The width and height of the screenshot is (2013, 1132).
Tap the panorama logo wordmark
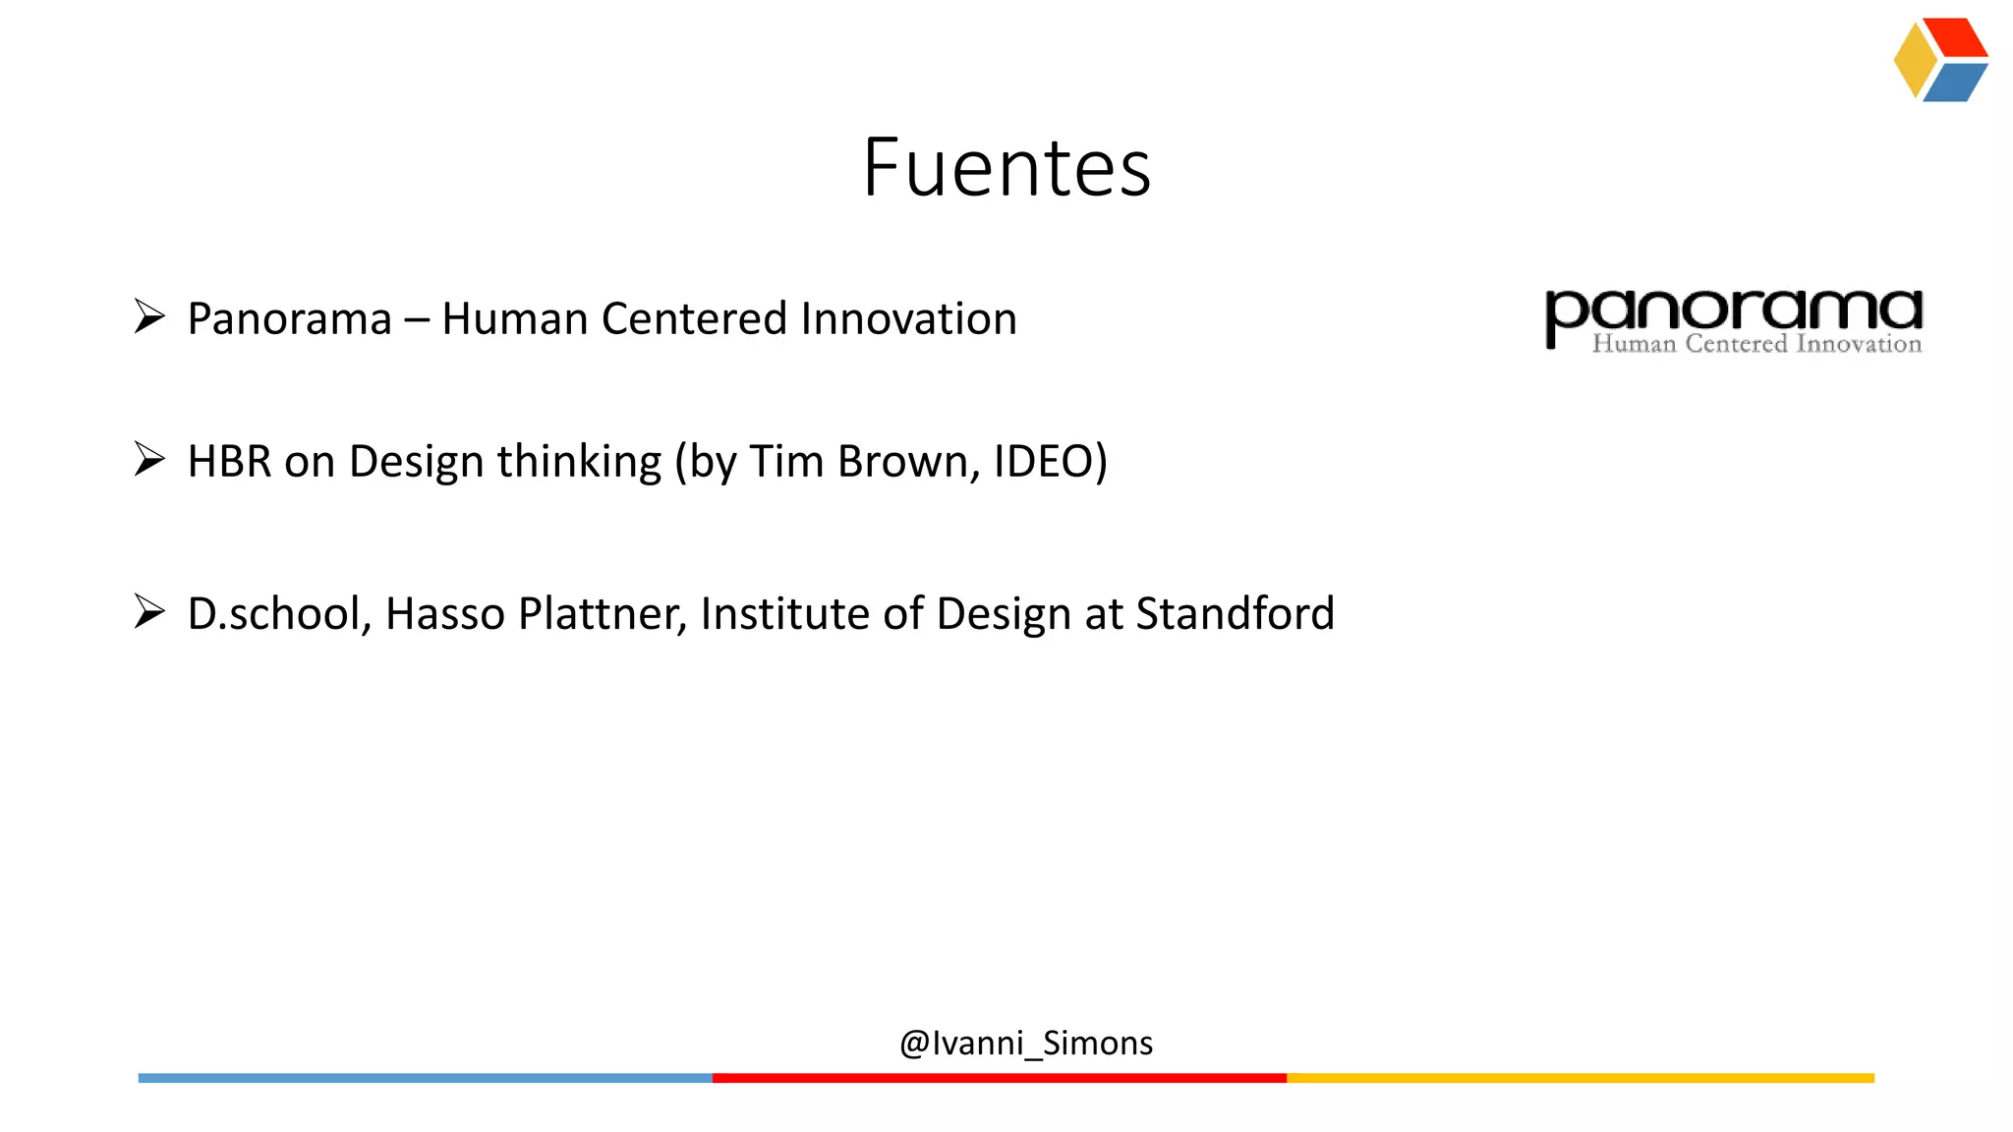click(1734, 312)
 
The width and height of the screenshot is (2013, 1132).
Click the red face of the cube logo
click(1956, 37)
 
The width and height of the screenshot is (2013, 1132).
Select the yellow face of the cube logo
click(1914, 60)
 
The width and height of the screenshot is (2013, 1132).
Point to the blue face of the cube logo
click(1955, 83)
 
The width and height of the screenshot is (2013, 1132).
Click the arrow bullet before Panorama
click(149, 316)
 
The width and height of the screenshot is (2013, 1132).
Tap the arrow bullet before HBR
click(149, 459)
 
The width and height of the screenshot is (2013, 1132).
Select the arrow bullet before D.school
click(149, 611)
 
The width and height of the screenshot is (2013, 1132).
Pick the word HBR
click(229, 461)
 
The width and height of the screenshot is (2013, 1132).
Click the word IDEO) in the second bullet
click(1050, 461)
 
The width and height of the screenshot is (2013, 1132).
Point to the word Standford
click(1236, 613)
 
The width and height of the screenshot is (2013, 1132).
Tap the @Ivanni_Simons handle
click(1026, 1043)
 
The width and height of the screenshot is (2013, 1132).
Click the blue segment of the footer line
click(425, 1078)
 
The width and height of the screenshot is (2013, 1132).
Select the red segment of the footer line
click(999, 1078)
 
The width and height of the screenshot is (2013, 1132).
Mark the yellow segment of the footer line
click(1580, 1078)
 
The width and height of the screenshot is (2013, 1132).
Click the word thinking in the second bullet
click(579, 461)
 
